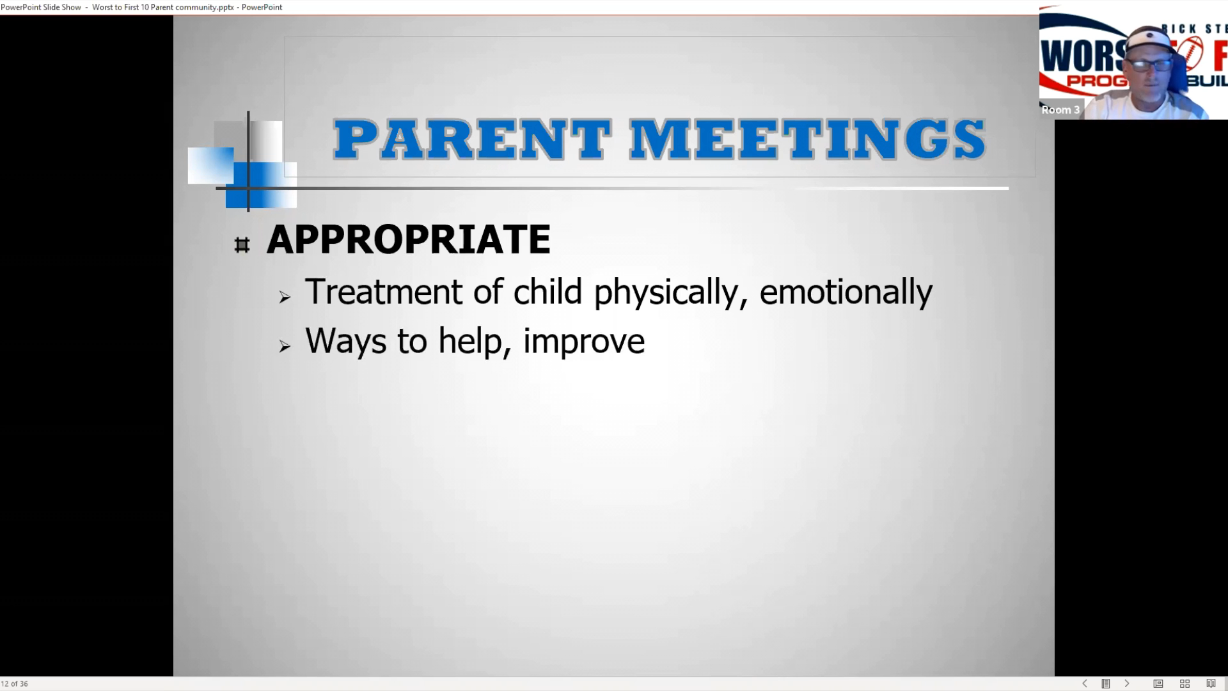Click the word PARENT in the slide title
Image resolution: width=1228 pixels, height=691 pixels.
point(472,139)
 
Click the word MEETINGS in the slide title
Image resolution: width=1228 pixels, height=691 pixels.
point(807,139)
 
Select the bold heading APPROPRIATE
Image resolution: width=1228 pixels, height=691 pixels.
point(408,239)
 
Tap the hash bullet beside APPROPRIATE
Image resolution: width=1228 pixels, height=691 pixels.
point(242,245)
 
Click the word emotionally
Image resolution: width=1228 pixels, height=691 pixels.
point(846,293)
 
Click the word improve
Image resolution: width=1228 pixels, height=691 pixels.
point(584,342)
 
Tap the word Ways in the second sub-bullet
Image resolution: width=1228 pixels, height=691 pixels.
point(346,342)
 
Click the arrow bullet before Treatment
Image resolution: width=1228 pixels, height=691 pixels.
point(285,297)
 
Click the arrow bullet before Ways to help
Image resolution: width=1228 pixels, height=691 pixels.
point(285,346)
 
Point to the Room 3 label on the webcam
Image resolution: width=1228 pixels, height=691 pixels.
point(1060,109)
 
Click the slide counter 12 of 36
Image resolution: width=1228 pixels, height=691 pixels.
point(15,684)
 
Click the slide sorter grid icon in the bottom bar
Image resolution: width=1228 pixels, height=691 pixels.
point(1185,683)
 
